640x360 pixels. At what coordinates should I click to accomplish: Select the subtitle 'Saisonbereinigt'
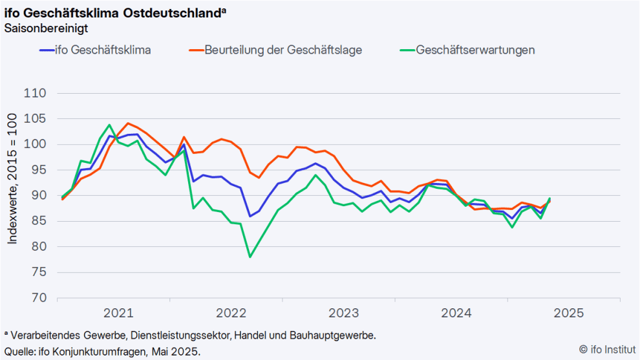pos(46,28)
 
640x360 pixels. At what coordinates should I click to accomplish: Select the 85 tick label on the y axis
pos(37,221)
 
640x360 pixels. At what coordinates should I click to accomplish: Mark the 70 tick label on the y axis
pos(37,298)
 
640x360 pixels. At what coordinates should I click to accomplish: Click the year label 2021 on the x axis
pos(118,313)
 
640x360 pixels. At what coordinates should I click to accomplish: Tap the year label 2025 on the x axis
pos(569,313)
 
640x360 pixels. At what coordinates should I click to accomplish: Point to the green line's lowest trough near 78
pos(250,257)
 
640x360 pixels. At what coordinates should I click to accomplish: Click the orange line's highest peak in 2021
pos(128,123)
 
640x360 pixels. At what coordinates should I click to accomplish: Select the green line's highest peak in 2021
pos(109,125)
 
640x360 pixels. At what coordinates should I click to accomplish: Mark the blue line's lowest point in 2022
pos(250,216)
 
